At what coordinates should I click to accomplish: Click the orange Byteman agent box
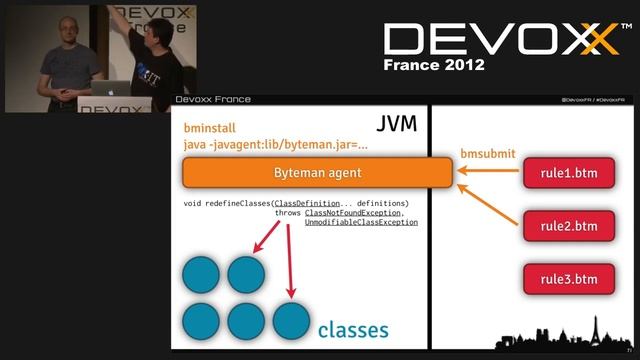click(316, 172)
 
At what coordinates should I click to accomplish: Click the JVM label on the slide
click(396, 126)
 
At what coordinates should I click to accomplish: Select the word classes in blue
click(353, 329)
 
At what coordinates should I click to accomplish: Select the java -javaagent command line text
click(276, 145)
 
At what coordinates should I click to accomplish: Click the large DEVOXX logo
click(499, 40)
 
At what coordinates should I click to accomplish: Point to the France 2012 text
click(434, 65)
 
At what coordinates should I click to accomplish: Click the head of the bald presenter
click(67, 28)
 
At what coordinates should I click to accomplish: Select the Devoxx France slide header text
click(213, 99)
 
